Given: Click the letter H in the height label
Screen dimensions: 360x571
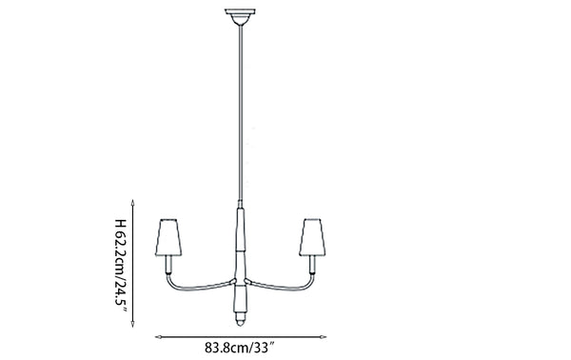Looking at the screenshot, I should click(120, 225).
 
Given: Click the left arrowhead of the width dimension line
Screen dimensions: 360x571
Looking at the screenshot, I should click(157, 334).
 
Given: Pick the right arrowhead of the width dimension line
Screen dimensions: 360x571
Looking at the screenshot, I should click(324, 334).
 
